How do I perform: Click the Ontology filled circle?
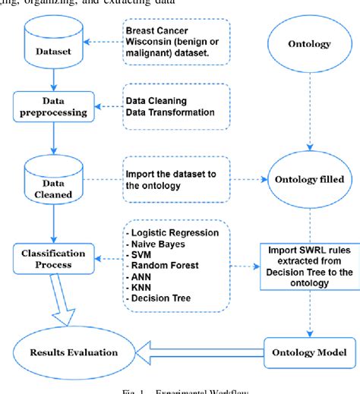click(308, 181)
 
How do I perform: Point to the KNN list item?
click(142, 288)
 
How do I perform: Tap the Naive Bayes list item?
click(156, 243)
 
